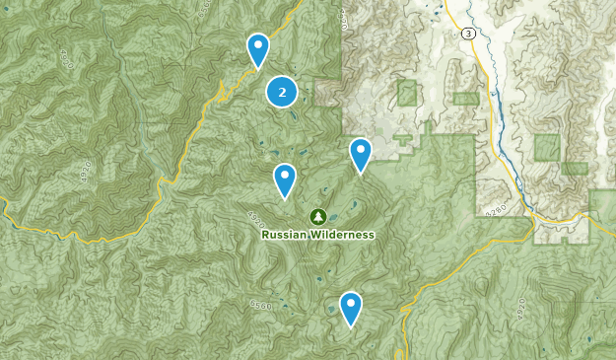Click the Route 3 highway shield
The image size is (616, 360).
pos(467,33)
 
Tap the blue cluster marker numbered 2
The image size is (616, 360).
pos(282,92)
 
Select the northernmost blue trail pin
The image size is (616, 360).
pos(257,48)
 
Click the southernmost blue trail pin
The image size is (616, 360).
pos(350,307)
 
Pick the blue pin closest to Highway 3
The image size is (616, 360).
pos(361,154)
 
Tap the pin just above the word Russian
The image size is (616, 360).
pos(285,180)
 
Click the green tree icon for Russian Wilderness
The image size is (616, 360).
pos(317,216)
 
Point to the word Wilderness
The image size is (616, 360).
pos(340,235)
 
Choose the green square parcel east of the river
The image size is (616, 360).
pos(547,147)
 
